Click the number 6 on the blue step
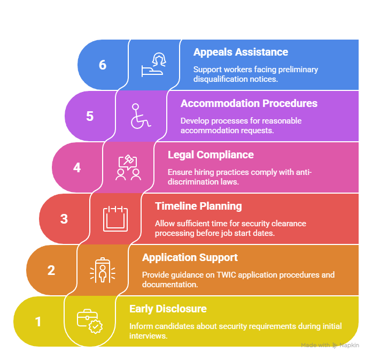(103, 65)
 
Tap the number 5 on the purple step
(90, 116)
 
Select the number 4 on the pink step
(77, 167)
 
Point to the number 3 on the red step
(64, 219)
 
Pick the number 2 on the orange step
(51, 270)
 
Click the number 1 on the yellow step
(38, 321)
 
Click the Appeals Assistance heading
(241, 52)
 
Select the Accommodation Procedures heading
(249, 104)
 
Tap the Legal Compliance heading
(211, 155)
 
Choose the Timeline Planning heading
(198, 206)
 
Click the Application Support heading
(190, 257)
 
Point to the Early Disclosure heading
(168, 309)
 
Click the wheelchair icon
(141, 116)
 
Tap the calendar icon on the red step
(115, 219)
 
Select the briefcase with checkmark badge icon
(90, 321)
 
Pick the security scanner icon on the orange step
(103, 270)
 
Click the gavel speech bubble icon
(128, 167)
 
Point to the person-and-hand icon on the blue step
(154, 65)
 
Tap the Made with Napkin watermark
(330, 345)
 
